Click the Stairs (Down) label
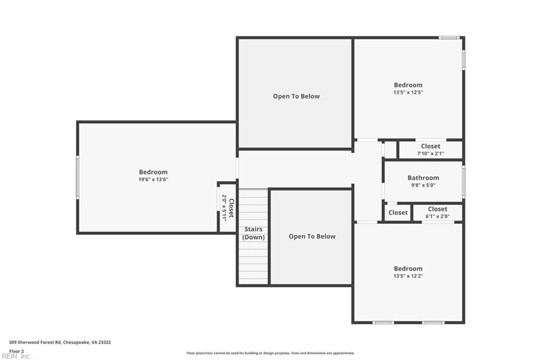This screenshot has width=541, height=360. coord(253,233)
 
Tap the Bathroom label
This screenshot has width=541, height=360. coord(423,178)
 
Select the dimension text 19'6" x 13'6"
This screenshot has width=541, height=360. coord(153,179)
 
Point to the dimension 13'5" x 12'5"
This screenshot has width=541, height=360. coord(408,92)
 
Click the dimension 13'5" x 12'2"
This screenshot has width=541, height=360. coord(408,276)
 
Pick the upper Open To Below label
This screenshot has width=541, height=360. coord(296,96)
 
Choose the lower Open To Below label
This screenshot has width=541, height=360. coord(312,236)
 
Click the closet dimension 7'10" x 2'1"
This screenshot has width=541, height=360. coord(431,154)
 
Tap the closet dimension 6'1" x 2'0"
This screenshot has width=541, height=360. coord(437,216)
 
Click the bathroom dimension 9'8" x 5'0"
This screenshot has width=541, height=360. coord(423,185)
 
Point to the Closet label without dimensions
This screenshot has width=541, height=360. coord(398,213)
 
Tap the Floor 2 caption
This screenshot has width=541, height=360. coord(16,350)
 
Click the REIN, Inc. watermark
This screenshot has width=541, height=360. coord(16,356)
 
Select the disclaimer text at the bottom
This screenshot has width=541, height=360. coord(270,353)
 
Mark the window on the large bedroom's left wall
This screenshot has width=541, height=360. coord(78,177)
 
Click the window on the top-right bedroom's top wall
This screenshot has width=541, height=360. coord(449,37)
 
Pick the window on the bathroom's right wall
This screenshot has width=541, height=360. coord(463,182)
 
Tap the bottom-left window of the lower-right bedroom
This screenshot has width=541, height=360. coord(383,322)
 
